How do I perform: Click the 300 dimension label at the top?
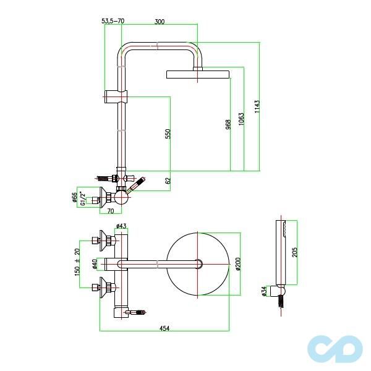160,22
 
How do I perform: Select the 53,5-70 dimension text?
113,21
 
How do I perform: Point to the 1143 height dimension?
257,106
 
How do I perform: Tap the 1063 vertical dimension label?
241,119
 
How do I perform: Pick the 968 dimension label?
228,124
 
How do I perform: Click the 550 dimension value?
168,134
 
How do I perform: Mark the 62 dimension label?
168,181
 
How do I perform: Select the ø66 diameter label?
74,198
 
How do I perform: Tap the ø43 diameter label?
121,226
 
